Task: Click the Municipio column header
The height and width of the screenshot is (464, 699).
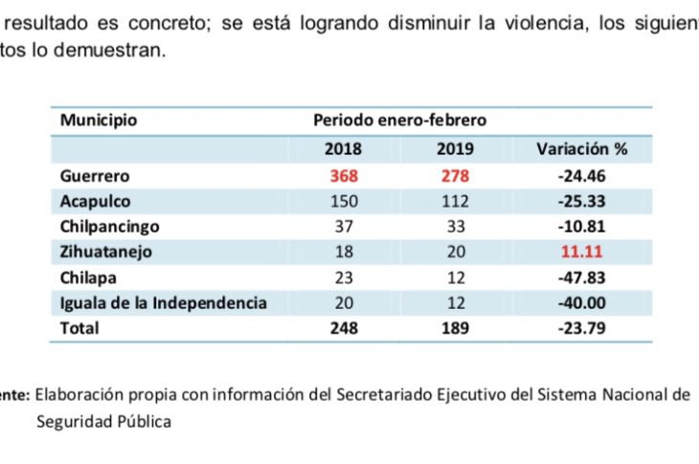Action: coord(99,121)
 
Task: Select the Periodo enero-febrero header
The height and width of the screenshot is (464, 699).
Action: coord(399,121)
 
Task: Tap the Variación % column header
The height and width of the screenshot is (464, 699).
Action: coord(581,149)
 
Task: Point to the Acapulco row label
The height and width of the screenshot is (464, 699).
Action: coord(95,202)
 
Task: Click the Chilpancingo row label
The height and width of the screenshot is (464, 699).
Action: coord(109,228)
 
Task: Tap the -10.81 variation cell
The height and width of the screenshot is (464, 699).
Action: coord(580,228)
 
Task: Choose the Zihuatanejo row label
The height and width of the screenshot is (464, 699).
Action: coord(105,253)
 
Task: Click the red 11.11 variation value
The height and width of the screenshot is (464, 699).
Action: coord(581,253)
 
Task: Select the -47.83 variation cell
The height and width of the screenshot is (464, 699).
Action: coord(580,277)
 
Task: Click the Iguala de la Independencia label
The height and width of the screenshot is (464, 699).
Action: coord(163,302)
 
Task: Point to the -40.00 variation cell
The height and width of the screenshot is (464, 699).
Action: coord(580,302)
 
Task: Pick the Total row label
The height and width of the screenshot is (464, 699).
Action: coord(79,327)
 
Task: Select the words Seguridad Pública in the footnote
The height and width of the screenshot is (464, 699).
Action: coord(104,421)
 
